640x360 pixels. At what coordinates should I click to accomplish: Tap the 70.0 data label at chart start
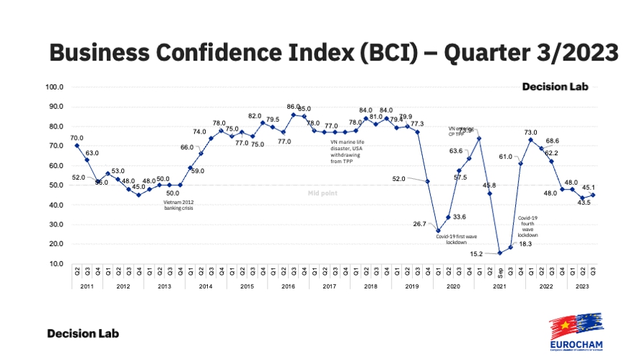(x=76, y=138)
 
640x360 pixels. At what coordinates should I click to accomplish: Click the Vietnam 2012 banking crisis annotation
(x=179, y=205)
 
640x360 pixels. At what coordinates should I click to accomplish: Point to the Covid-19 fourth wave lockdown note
(x=527, y=227)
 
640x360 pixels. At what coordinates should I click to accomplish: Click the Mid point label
(x=320, y=194)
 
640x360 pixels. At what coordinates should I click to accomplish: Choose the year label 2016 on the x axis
(x=288, y=286)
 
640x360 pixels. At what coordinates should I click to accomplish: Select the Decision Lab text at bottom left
(x=83, y=334)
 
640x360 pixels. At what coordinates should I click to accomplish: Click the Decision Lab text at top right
(x=556, y=87)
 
